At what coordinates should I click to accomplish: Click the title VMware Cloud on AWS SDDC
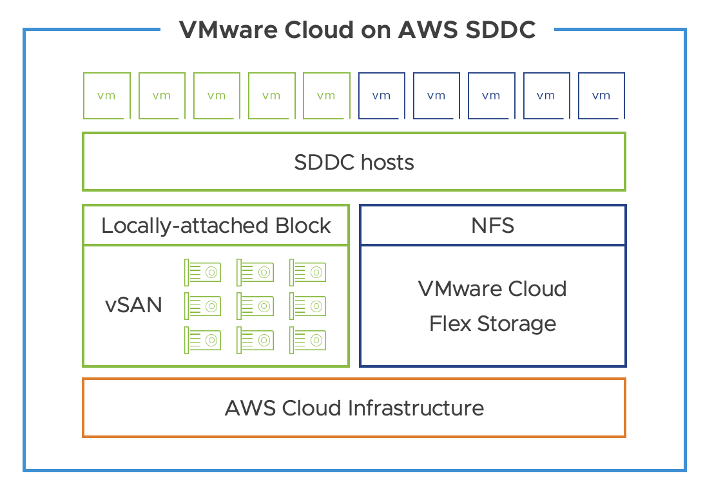(356, 30)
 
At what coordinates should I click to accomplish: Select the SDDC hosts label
(354, 162)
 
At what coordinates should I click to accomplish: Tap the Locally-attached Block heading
(216, 226)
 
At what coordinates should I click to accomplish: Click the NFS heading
(492, 226)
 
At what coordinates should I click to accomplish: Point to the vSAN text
(133, 304)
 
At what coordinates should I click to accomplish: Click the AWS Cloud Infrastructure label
(354, 408)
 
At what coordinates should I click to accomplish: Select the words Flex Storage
(492, 323)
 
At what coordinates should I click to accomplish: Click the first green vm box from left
(106, 95)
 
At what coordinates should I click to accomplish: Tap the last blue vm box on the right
(601, 95)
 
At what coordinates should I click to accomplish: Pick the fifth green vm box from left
(326, 95)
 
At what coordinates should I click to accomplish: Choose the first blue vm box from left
(381, 95)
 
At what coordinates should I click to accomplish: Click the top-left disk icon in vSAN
(202, 272)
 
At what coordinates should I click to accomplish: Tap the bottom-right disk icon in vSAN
(308, 339)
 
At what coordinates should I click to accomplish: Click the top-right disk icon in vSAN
(308, 272)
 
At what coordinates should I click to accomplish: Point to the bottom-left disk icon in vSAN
(202, 339)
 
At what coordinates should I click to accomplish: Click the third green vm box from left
(217, 95)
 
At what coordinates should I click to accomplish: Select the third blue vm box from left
(491, 95)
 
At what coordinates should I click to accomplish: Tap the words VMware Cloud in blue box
(492, 288)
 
